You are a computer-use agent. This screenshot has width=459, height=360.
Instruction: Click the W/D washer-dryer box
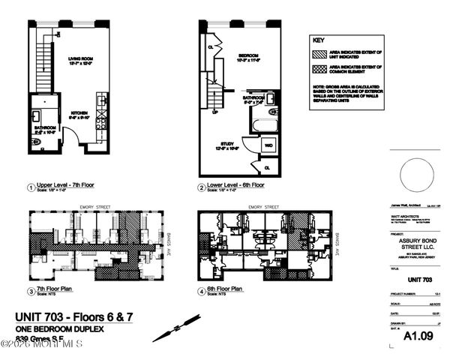point(268,145)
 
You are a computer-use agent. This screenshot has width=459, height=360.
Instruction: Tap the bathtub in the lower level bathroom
point(263,124)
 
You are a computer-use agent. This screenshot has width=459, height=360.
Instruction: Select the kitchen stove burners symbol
point(102,119)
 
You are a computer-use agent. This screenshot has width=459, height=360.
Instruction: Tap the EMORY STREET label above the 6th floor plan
point(242,206)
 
